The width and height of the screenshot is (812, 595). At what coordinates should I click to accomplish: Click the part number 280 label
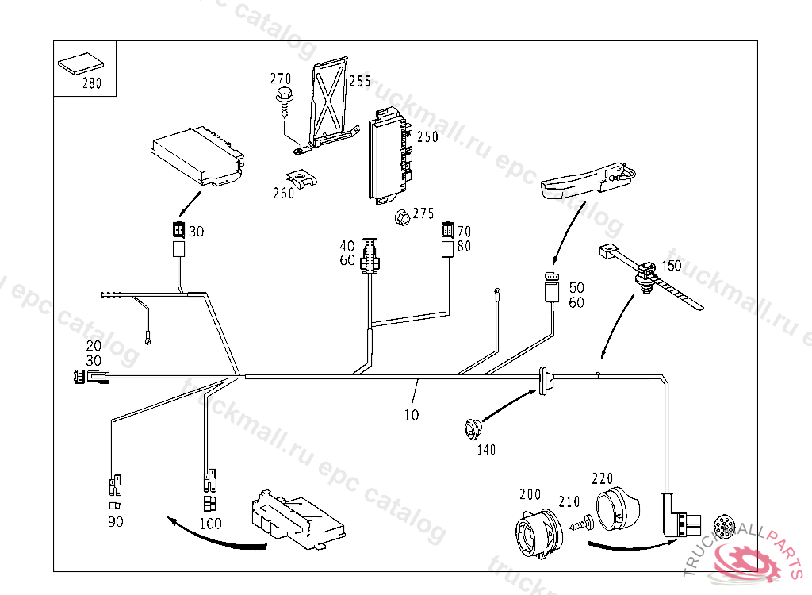(x=92, y=84)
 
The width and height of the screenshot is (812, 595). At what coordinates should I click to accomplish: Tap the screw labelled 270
(x=283, y=101)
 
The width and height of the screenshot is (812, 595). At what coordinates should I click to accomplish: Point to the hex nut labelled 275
(x=401, y=215)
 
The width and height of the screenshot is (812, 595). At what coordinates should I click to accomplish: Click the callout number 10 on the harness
(x=411, y=415)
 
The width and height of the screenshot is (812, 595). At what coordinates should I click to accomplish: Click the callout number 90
(x=116, y=522)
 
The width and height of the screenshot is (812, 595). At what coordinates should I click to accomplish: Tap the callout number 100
(x=210, y=524)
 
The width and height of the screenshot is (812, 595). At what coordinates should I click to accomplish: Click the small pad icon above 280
(x=82, y=62)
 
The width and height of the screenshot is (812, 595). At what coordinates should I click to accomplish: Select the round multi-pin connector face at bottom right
(x=724, y=528)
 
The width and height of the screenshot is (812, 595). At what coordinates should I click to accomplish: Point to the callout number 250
(x=427, y=137)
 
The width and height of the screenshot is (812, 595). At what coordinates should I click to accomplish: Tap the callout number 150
(x=671, y=266)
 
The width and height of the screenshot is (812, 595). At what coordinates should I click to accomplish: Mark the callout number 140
(x=486, y=450)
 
